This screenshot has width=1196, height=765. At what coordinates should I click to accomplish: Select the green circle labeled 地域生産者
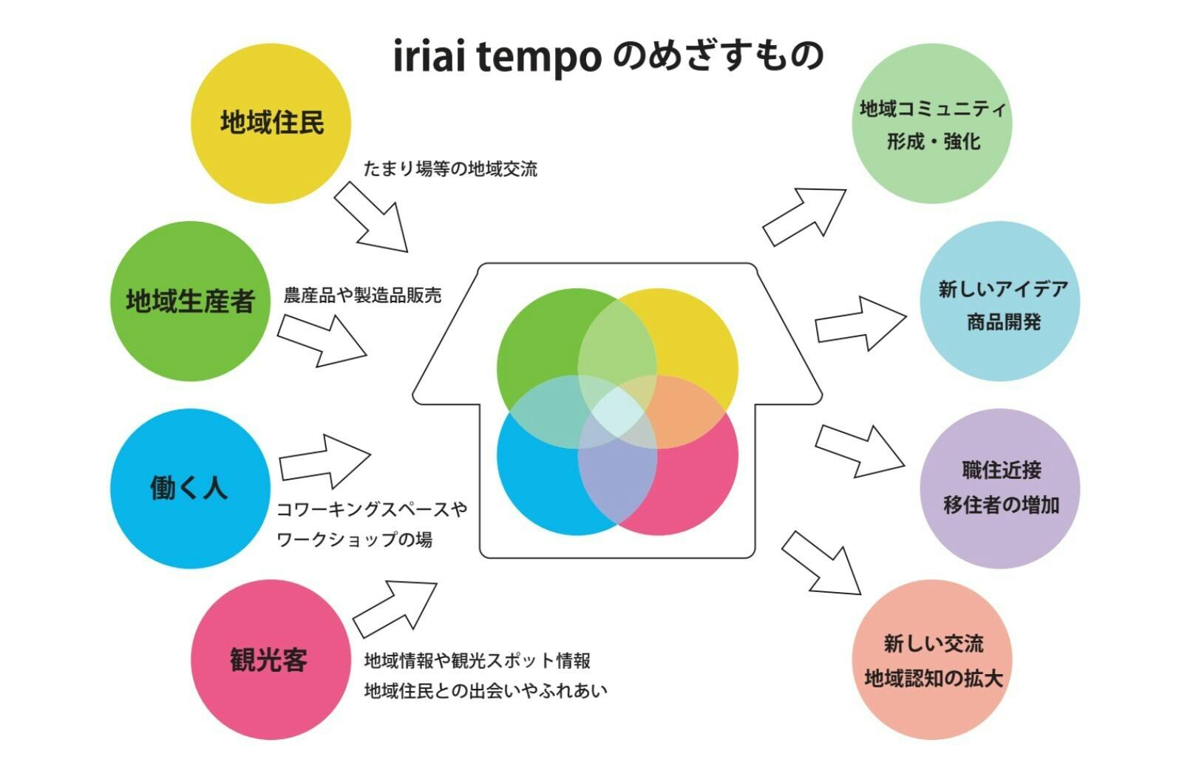click(190, 301)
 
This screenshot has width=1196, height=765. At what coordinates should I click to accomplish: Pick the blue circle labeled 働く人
click(190, 489)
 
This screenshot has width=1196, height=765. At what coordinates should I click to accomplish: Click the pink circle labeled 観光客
click(271, 659)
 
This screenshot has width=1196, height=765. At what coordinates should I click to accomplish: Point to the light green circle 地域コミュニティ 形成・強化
click(932, 123)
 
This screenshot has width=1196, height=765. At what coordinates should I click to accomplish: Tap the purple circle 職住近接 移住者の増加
click(1000, 489)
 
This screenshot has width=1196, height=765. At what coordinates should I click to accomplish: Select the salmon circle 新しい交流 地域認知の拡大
click(932, 659)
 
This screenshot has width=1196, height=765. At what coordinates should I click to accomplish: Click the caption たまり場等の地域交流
click(450, 169)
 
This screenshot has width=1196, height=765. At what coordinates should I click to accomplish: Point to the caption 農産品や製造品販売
click(362, 296)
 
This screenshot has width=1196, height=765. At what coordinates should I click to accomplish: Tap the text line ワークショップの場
click(354, 540)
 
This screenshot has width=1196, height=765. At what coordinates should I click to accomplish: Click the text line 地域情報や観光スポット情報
click(478, 659)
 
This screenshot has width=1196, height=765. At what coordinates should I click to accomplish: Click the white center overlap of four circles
click(617, 412)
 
